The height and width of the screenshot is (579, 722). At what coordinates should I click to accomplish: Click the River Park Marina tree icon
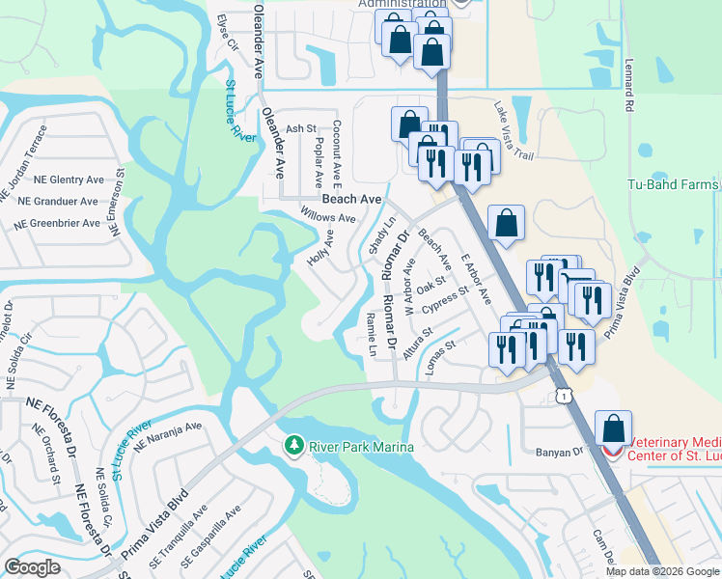[294, 446]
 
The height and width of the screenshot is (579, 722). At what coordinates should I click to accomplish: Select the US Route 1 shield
[562, 397]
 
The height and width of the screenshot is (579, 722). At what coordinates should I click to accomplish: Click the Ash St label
[301, 128]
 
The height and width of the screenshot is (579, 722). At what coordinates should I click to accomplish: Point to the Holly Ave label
[319, 249]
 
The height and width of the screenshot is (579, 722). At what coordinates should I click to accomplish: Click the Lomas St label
[438, 350]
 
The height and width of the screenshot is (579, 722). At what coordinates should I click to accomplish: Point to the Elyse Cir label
[227, 31]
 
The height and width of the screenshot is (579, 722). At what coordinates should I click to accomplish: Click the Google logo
[32, 567]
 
